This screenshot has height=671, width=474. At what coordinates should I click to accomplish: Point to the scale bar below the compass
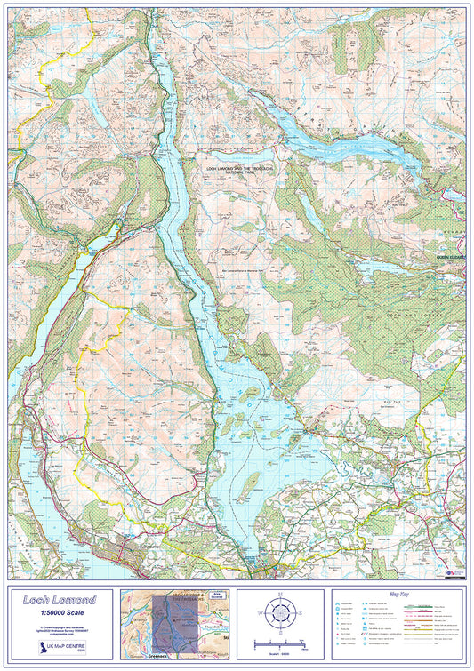coord(279,643)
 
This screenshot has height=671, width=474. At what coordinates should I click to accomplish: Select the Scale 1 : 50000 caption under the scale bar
coord(279,653)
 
